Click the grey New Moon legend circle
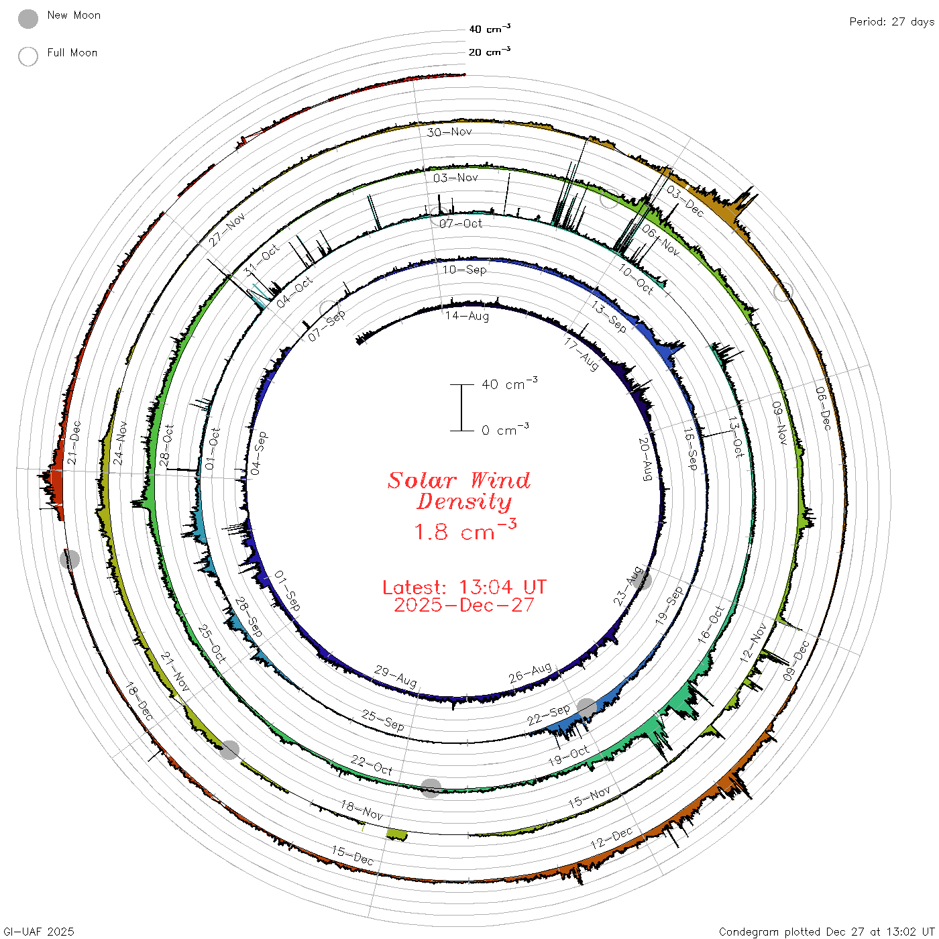coord(27,19)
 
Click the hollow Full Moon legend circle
coord(27,56)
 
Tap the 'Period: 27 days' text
coord(892,22)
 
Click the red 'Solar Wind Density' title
coord(459,491)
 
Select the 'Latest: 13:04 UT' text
coord(464,587)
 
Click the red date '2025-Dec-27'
coord(464,605)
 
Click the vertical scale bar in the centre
coord(461,408)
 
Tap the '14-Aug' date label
coord(467,316)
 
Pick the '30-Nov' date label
coord(449,131)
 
